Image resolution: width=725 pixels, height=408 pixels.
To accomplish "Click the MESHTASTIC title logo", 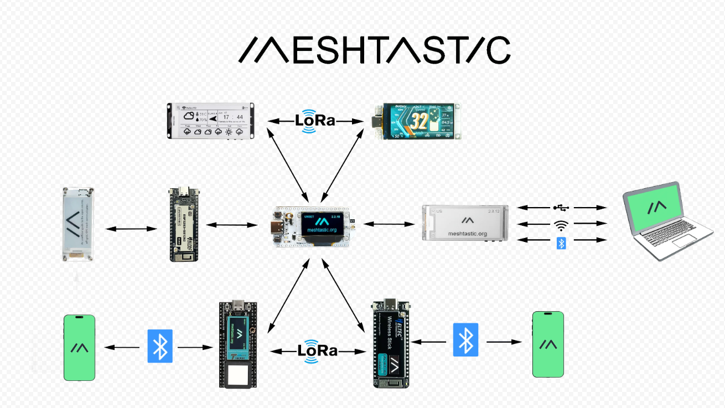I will click(x=374, y=50).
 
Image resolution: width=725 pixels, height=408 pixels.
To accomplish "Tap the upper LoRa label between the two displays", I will click(x=314, y=120).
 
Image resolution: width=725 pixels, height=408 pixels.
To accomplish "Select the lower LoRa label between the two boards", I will click(x=317, y=350).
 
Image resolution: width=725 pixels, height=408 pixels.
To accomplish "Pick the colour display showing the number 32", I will click(x=417, y=121).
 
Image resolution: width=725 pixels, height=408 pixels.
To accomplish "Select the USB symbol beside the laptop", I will click(x=561, y=208).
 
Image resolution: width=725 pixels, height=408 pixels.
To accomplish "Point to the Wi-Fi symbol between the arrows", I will click(x=561, y=225).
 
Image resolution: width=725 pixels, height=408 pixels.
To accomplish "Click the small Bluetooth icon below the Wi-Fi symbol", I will click(x=561, y=242).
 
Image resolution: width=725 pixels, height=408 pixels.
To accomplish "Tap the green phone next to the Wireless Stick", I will click(x=548, y=344).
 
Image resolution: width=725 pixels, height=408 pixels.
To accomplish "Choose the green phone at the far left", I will click(x=79, y=348).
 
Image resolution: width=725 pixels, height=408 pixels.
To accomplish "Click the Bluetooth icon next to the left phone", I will click(x=160, y=346).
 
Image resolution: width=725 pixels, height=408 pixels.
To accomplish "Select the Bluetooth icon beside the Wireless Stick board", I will click(x=465, y=339).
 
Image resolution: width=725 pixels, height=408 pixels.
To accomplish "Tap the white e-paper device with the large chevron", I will click(x=78, y=224).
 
